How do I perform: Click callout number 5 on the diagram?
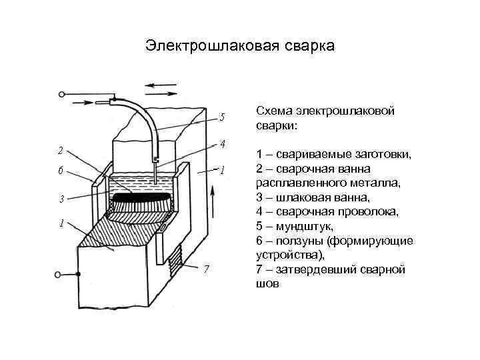point(221,117)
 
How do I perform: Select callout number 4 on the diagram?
point(223,144)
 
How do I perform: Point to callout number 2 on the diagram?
point(61,150)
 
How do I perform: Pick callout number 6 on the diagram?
point(61,170)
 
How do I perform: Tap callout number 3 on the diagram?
point(61,199)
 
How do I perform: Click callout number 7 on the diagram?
point(207,269)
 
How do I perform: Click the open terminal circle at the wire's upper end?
point(62,95)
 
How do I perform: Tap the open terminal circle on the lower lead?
point(62,274)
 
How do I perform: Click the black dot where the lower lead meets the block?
point(78,274)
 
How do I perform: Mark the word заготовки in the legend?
point(378,154)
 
